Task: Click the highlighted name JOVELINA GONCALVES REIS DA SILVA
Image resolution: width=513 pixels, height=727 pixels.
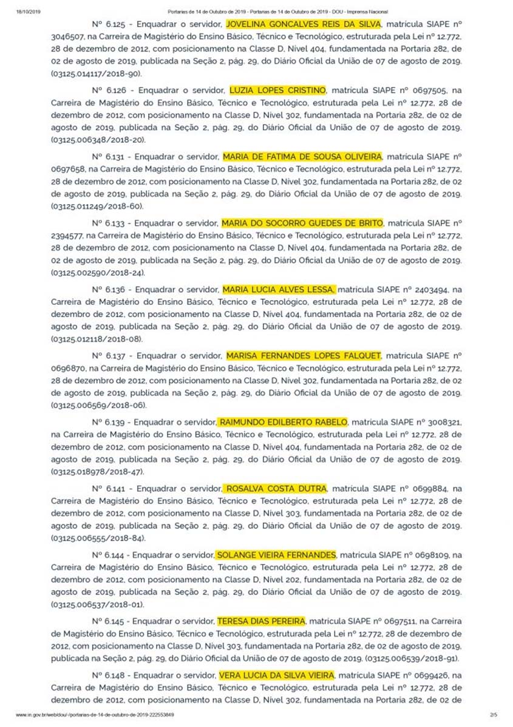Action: coord(304,24)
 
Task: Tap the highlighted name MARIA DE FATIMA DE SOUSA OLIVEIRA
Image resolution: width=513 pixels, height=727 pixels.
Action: coord(302,157)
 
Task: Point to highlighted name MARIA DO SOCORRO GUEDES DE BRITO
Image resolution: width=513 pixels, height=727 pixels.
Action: coord(302,223)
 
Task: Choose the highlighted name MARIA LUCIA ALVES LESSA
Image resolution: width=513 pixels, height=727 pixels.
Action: coord(278,289)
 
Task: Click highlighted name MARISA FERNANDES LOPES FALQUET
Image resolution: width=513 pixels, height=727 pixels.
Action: coord(304,355)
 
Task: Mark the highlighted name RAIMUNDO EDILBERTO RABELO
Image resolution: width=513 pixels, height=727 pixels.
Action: coord(283,422)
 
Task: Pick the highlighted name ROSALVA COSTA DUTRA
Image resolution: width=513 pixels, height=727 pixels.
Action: coord(276,488)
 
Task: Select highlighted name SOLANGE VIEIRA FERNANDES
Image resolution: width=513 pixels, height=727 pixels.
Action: coord(276,555)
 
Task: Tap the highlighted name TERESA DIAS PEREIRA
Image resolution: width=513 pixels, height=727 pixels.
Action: coord(261,621)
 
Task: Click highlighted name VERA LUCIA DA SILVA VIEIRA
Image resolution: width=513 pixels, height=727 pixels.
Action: coord(276,675)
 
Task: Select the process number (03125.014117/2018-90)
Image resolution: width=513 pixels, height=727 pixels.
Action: coord(97,73)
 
